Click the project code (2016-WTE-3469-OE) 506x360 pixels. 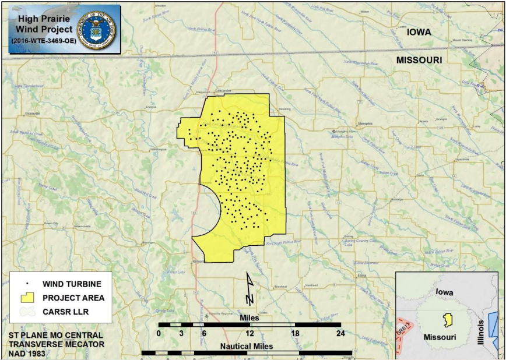pos(43,41)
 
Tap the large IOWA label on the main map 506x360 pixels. pos(419,32)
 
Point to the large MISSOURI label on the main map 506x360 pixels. pos(419,60)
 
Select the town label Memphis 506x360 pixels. pos(365,123)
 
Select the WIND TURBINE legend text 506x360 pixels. pos(72,284)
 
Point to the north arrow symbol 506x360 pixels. pos(250,290)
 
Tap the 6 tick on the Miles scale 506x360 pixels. pos(204,334)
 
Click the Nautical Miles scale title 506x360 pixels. pos(246,346)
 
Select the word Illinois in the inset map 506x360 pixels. pos(482,333)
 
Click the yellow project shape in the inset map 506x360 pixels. pos(448,319)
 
